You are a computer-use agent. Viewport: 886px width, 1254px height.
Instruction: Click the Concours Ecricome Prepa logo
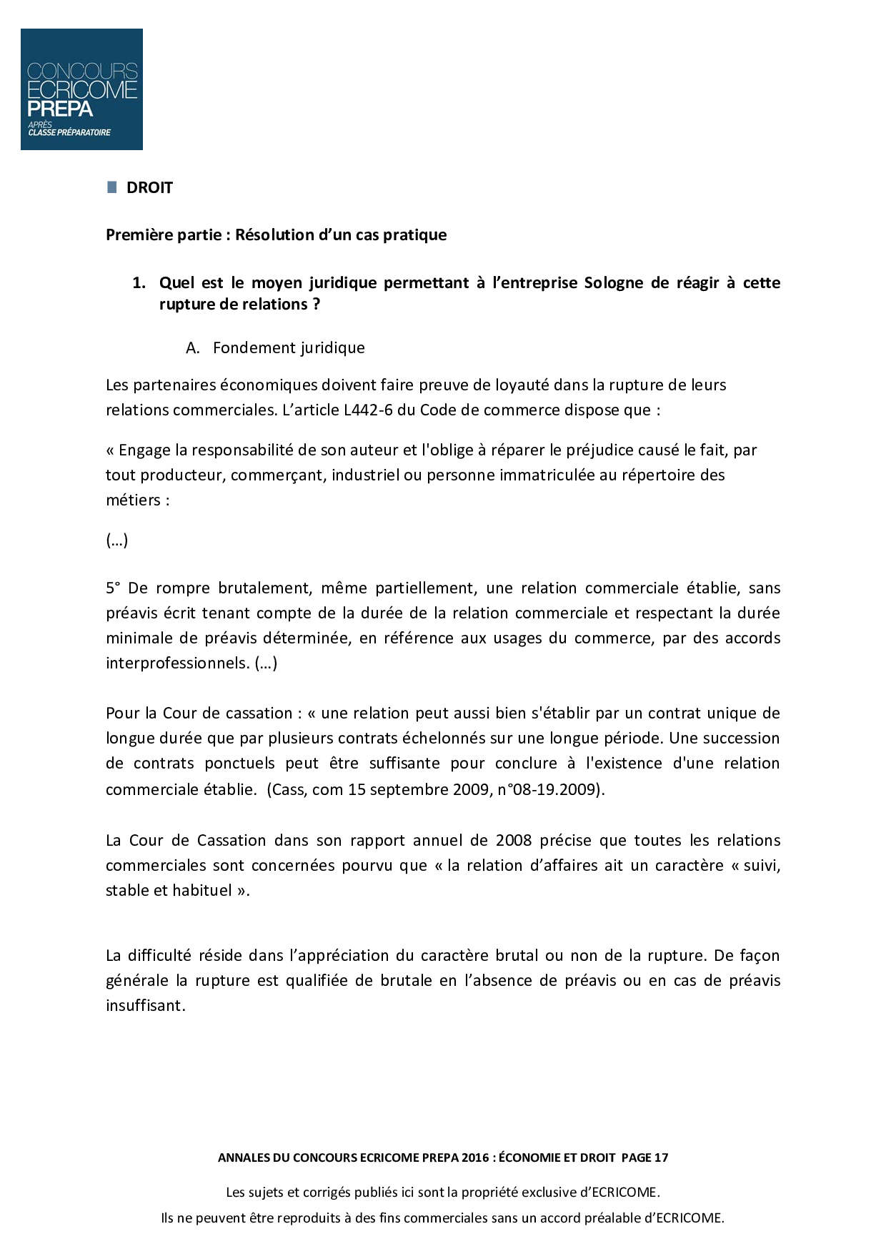point(81,89)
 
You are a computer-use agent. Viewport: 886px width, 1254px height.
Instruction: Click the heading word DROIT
point(149,188)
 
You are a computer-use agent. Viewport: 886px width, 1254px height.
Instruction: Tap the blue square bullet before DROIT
point(111,187)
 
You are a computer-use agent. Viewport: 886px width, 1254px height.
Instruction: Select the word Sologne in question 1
point(613,282)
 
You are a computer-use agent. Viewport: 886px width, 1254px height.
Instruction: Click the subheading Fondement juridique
point(289,347)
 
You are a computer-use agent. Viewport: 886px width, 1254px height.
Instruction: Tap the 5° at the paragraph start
point(114,588)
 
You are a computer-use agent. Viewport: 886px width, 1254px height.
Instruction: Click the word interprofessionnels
point(177,663)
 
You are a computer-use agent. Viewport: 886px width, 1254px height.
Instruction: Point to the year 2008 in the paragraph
point(514,840)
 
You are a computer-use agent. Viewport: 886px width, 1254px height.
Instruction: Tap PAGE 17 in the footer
point(644,1157)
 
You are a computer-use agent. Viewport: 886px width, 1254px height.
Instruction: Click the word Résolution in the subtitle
point(275,234)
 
